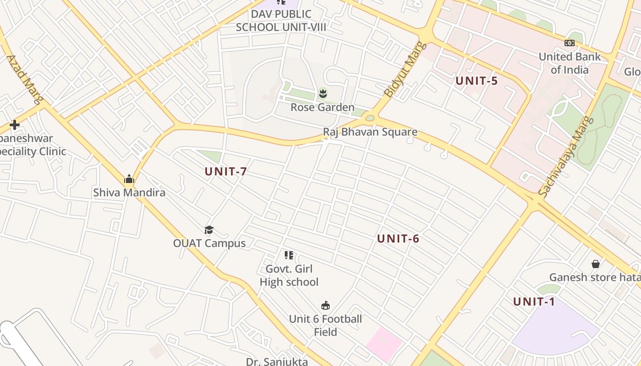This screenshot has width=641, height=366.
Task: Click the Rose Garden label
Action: pos(322,108)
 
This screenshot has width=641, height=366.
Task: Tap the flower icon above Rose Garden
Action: pos(323,94)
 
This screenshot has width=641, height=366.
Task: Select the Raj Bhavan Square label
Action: pos(370,132)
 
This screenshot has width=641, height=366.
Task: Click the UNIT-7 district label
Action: pos(226,172)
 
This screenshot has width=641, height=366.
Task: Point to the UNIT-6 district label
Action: pos(398,238)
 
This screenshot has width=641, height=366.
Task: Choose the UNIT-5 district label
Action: pos(476,81)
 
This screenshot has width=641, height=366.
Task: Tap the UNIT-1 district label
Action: pos(534,301)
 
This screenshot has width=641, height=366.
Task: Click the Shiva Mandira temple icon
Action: pos(129,179)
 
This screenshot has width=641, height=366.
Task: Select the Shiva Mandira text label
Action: pos(129,193)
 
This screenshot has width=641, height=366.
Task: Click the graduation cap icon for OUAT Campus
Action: pos(209,230)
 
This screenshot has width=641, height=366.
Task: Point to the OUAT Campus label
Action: pos(209,243)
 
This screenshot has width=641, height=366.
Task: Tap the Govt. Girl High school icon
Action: pos(288,255)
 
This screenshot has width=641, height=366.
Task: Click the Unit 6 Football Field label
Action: pos(326,325)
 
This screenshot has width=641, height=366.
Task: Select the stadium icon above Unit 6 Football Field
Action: pos(326,305)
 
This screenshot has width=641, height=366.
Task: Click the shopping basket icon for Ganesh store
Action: pos(596,264)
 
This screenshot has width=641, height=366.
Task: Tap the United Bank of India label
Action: pos(570,63)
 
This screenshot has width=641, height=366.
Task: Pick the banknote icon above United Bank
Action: pos(570,43)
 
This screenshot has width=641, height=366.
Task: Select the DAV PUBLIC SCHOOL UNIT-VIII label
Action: pos(281,21)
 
